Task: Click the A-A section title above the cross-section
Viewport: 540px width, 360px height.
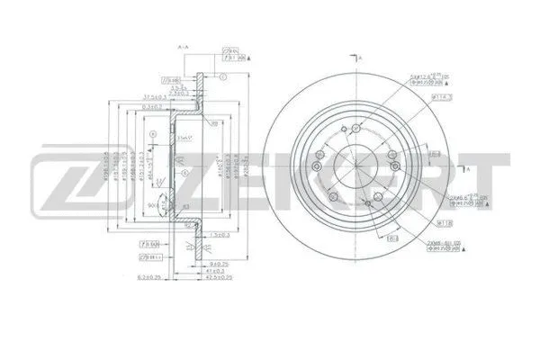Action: tap(184, 45)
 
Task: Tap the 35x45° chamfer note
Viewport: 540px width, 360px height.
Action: tap(185, 138)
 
